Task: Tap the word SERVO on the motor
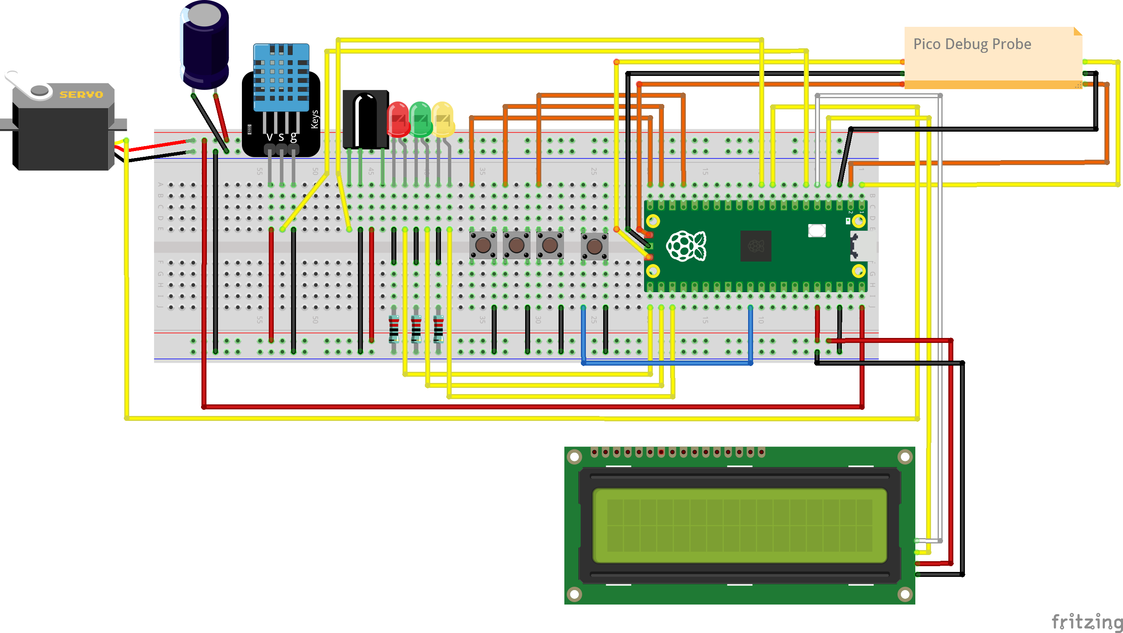[81, 94]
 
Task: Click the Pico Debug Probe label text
[972, 44]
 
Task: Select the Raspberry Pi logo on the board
[686, 246]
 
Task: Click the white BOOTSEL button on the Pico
[817, 230]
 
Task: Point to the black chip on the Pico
[756, 246]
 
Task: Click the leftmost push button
[483, 245]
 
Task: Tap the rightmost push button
[594, 246]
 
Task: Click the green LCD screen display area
[739, 525]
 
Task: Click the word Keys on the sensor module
[314, 119]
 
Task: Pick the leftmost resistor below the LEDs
[393, 329]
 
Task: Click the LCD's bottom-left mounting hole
[574, 593]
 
